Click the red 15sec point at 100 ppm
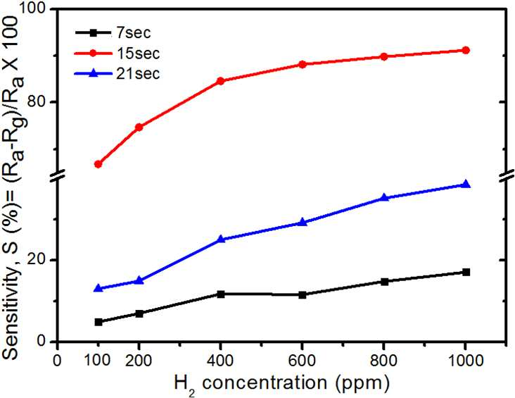point(98,164)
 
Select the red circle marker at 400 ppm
point(221,81)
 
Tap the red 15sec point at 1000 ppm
point(466,50)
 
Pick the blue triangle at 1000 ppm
point(466,184)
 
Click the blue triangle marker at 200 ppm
point(139,280)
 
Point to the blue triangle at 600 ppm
point(303,223)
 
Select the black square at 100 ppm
point(98,322)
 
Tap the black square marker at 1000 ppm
point(466,272)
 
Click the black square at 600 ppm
point(303,294)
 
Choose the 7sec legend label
point(134,32)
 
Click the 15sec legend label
point(138,53)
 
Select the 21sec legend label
point(138,73)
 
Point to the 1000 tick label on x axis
point(465,361)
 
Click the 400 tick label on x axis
point(221,361)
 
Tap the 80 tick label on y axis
point(37,102)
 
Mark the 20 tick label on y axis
point(37,260)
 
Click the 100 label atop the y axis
point(32,10)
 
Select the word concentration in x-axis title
point(265,383)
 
